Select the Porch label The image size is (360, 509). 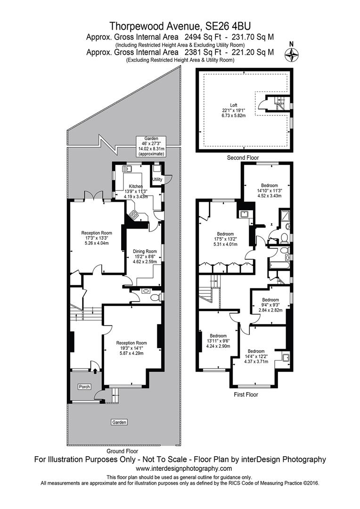(84, 387)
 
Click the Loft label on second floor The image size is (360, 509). (234, 105)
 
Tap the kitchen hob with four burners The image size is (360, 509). (134, 215)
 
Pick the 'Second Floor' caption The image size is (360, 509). (243, 158)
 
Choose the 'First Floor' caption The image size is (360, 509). (246, 394)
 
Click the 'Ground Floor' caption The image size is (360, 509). (123, 451)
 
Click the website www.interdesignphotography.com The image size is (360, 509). (184, 468)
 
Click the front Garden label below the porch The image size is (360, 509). (119, 422)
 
